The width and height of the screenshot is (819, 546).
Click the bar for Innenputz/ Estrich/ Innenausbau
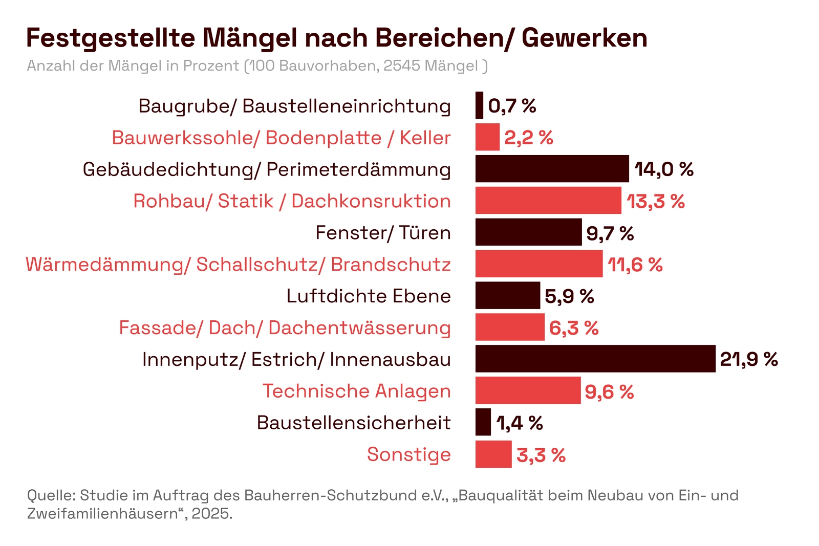point(595,359)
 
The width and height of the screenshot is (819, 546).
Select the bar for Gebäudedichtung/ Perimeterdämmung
point(552,169)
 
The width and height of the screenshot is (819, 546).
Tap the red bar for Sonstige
point(493,454)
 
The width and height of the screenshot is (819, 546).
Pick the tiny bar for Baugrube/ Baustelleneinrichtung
point(479,105)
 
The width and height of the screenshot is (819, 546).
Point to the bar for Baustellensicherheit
point(483,422)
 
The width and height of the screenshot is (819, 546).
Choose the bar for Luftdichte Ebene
point(507,296)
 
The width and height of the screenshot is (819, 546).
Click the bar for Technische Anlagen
point(528,390)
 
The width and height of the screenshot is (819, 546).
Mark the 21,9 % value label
point(749,359)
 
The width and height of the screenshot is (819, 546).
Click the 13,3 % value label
point(656,201)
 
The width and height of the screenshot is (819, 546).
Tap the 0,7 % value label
point(512,106)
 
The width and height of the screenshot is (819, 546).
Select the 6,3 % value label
point(574,328)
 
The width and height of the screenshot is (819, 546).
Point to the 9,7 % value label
point(610,233)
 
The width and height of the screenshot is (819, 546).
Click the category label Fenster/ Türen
point(383,233)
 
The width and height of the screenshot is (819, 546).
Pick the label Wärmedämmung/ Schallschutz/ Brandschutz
point(238,265)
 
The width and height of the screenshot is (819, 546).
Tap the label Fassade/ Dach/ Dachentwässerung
point(285,328)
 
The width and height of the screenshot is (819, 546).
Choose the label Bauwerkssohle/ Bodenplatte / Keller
point(281,138)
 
